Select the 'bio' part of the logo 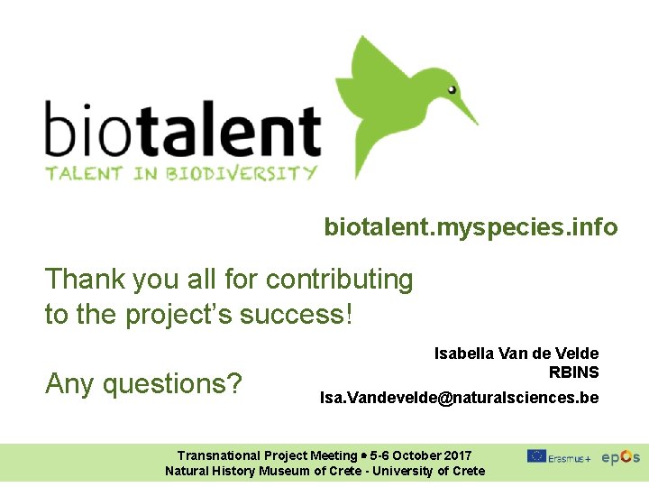pyautogui.click(x=81, y=133)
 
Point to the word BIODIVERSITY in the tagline pyautogui.click(x=242, y=173)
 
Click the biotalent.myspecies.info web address pyautogui.click(x=471, y=227)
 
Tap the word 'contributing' pyautogui.click(x=339, y=280)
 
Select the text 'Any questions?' pyautogui.click(x=143, y=384)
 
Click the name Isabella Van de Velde pyautogui.click(x=516, y=354)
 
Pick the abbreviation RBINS pyautogui.click(x=573, y=372)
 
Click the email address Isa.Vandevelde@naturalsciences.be pyautogui.click(x=459, y=398)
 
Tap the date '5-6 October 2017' pyautogui.click(x=420, y=455)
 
